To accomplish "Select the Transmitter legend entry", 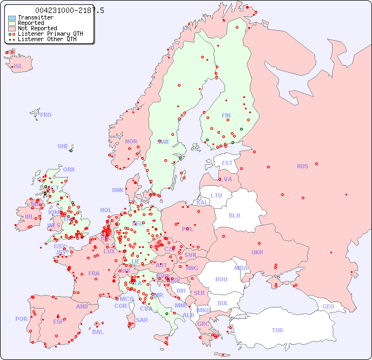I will (x=35, y=17).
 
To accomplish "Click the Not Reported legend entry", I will (x=37, y=28).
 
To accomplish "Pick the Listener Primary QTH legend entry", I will (x=50, y=34).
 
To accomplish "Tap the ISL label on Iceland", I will (x=18, y=67).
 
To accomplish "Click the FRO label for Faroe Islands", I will (x=46, y=115).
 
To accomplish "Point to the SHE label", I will (x=63, y=146).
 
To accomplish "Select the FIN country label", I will (x=226, y=115).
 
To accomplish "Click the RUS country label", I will (x=302, y=166).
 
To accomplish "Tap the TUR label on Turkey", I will (x=277, y=330).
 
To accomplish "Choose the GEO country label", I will (x=328, y=306).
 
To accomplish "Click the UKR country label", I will (x=257, y=252).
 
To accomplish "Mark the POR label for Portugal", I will (x=21, y=319).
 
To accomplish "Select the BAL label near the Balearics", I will (x=98, y=332).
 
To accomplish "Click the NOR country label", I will (x=131, y=141).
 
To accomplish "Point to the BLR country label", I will (x=235, y=215).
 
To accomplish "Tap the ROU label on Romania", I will (x=221, y=279).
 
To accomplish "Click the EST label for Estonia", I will (x=227, y=163).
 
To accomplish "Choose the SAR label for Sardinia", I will (x=142, y=319).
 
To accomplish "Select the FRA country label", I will (x=94, y=273).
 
